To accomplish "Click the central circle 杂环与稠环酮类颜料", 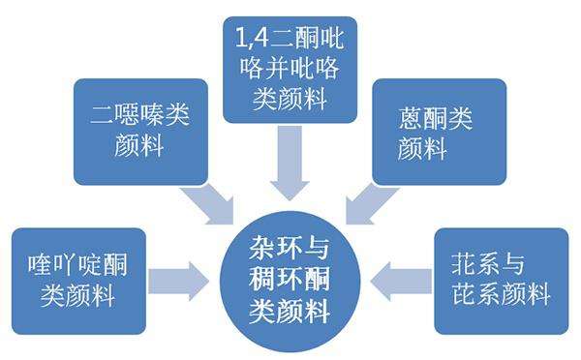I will [288, 280].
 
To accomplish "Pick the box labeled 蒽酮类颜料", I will [439, 131].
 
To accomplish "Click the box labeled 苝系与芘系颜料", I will [500, 281].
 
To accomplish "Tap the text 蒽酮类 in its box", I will [434, 117].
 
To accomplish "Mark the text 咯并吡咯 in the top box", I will [289, 69].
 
